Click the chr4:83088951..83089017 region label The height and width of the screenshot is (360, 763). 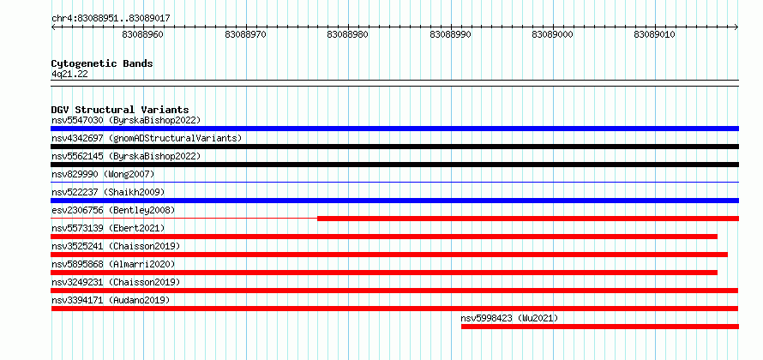pos(111,18)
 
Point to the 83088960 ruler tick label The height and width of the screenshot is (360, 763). pos(143,35)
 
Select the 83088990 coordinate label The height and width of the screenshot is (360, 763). pos(451,35)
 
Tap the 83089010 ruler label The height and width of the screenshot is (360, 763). pos(655,35)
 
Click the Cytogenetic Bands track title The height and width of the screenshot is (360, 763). pos(102,63)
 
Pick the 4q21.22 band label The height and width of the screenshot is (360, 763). pos(69,75)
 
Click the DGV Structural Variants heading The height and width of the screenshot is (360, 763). pos(119,110)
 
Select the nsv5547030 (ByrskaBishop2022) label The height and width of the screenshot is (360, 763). pos(125,120)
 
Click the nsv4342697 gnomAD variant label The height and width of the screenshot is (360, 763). pos(147,138)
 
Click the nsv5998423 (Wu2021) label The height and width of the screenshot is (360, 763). pos(509,318)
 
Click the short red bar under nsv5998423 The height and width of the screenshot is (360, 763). pos(599,327)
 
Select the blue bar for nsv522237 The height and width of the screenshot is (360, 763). pos(394,201)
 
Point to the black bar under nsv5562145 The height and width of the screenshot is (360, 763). pos(394,165)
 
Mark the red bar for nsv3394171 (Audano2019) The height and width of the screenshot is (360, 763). pos(394,309)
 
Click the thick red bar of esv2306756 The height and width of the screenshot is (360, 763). pos(527,219)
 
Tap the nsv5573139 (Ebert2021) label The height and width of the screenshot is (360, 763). pos(108,228)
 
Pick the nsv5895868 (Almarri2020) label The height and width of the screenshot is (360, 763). pos(113,264)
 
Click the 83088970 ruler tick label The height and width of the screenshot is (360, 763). pos(246,35)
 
